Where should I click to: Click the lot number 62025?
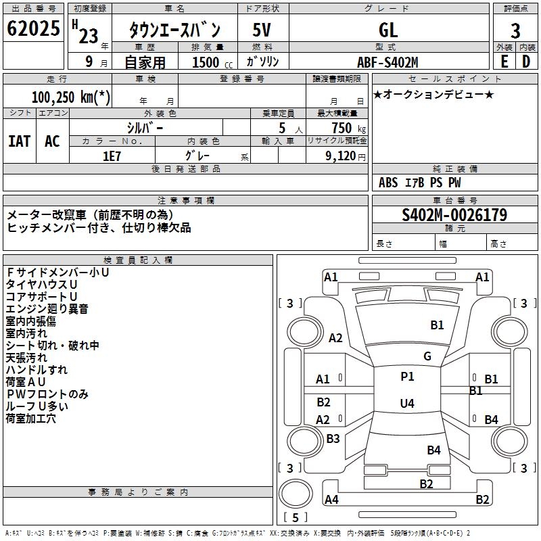pos(33,29)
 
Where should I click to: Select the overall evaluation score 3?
pos(515,30)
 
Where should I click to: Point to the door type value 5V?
pos(262,30)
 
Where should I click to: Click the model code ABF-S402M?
pos(387,62)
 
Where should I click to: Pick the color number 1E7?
pos(112,155)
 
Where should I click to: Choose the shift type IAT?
pos(19,141)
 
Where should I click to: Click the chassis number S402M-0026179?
pos(454,215)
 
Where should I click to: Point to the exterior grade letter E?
pos(504,62)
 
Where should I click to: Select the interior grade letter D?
pos(526,62)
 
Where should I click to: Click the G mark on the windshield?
pos(427,356)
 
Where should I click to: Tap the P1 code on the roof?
pos(407,377)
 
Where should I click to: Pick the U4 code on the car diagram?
pos(407,404)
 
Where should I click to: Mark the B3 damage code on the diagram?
pos(333,439)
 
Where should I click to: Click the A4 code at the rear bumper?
pos(331,500)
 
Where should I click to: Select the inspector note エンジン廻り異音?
pos(47,309)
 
